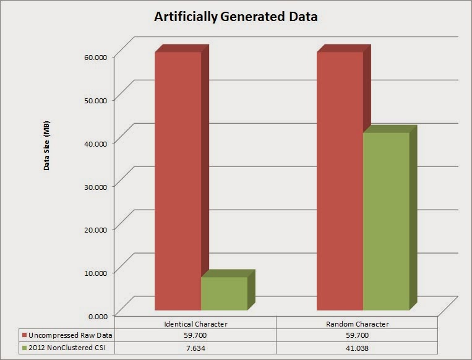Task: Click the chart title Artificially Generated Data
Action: pos(236,17)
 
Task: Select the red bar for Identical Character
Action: pos(178,179)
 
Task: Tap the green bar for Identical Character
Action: pos(224,293)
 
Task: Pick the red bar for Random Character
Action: pos(340,179)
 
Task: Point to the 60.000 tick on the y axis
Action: pos(95,56)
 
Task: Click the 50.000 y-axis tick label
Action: pos(95,99)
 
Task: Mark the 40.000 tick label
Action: pos(95,142)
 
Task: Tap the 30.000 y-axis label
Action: pos(95,186)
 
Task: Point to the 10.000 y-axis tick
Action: pos(95,272)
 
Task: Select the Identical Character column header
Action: pos(195,324)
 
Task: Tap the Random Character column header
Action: pos(356,324)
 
